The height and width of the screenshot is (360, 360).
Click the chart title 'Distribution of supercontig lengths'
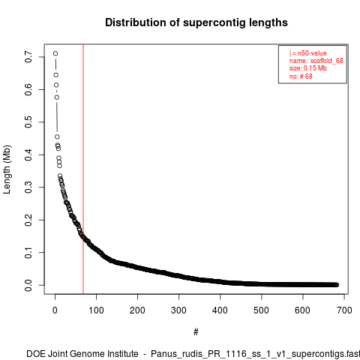196,22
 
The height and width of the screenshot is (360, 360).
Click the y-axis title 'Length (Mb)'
7,169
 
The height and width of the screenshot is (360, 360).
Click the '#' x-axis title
196,332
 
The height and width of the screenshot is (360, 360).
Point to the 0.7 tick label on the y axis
28,57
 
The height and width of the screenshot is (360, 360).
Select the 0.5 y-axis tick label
28,122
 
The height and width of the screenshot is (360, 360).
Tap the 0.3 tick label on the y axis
28,187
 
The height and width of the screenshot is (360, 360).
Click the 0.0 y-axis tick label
28,285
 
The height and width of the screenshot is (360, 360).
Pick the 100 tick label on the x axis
96,310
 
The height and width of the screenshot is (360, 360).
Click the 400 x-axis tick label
220,310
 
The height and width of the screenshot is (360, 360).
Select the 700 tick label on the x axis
344,310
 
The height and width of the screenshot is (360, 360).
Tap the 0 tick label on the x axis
55,310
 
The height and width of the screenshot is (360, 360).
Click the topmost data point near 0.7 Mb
55,53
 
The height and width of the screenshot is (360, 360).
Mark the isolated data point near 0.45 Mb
57,136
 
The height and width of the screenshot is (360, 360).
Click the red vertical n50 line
83,169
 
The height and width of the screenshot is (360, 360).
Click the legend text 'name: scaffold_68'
316,61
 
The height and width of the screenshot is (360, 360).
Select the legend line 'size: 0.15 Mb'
308,68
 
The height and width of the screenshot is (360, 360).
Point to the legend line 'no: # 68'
301,76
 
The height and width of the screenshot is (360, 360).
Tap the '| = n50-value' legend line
308,53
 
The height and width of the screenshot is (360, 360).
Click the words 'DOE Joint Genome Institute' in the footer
82,354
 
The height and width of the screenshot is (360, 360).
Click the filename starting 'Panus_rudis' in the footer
255,354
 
